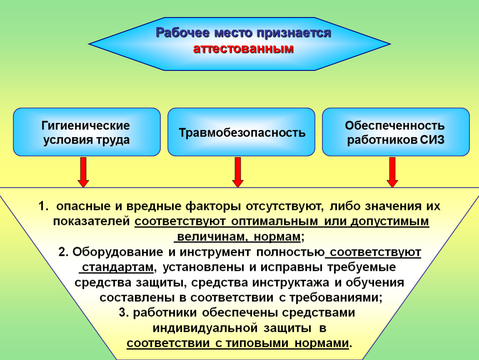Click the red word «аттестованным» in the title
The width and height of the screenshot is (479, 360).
[x=243, y=49]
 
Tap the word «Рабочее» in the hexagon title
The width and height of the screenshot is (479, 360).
[x=183, y=32]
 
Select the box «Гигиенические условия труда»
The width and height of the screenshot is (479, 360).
[x=87, y=132]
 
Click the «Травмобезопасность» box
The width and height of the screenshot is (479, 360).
[x=241, y=132]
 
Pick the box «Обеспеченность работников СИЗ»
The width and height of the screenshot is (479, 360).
[x=396, y=132]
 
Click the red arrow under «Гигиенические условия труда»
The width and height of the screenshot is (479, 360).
[x=83, y=172]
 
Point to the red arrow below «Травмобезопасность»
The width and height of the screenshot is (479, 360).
[x=238, y=172]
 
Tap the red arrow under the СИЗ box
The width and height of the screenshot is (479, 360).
[x=392, y=172]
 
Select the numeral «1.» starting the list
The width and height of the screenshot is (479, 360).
[x=43, y=206]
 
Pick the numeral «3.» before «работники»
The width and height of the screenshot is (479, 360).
[x=124, y=312]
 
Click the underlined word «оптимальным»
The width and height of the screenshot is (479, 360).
[x=274, y=221]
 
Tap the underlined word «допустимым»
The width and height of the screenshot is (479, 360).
[x=390, y=221]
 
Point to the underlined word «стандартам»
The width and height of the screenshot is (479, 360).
[x=117, y=267]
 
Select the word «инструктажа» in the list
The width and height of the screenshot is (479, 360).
[x=290, y=282]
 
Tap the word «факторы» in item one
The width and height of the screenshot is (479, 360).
[x=213, y=206]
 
